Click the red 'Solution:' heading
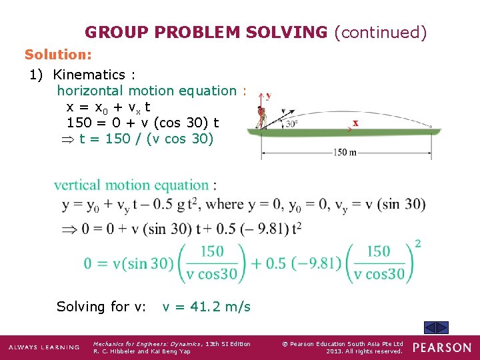(58, 53)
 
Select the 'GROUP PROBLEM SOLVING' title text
(206, 32)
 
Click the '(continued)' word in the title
(380, 32)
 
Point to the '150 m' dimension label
(344, 152)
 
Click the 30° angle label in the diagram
(291, 123)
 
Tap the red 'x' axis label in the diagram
(355, 123)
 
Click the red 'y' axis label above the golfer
(269, 95)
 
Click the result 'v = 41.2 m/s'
(207, 307)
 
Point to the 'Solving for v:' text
(101, 307)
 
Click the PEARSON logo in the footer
(441, 347)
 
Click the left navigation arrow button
(431, 327)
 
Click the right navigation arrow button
(443, 327)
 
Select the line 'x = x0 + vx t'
(109, 107)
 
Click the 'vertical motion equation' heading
(131, 185)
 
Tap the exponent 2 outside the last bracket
(418, 243)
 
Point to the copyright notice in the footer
(342, 347)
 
